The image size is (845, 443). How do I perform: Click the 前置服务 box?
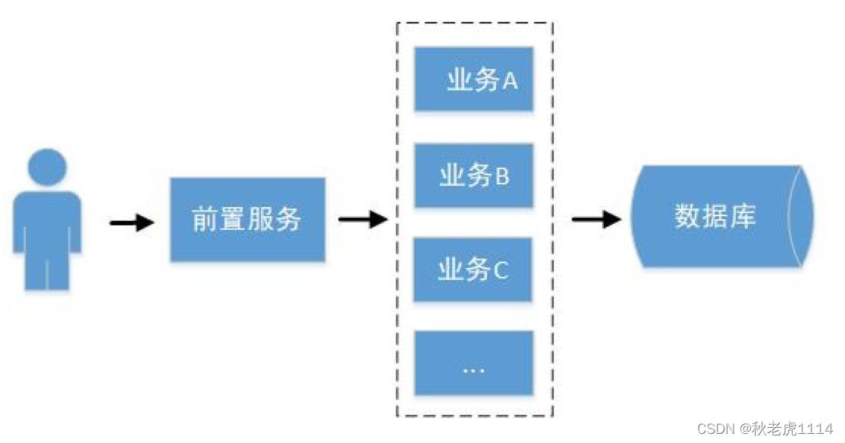[247, 220]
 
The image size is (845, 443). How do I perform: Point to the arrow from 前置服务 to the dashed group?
[362, 221]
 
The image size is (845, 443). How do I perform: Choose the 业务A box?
[474, 80]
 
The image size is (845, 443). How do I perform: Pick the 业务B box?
[474, 176]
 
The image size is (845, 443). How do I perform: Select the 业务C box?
[474, 269]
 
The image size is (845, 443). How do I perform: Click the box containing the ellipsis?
[474, 363]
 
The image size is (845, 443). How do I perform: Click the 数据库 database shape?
[717, 217]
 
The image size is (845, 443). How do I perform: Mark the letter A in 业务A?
[510, 80]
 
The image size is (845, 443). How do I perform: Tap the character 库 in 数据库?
[743, 217]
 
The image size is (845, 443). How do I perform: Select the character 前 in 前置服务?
[206, 220]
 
